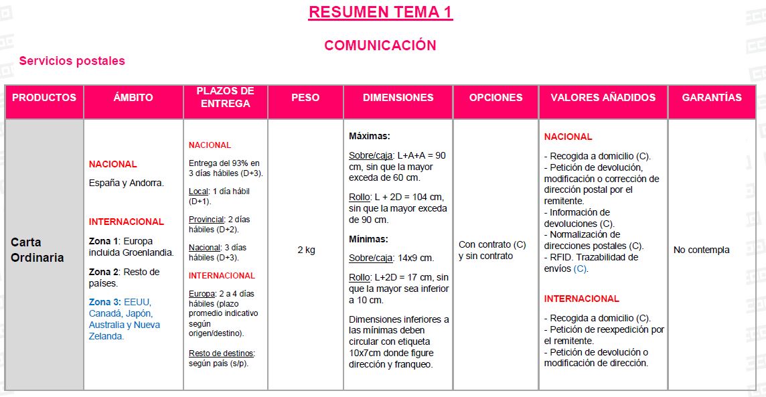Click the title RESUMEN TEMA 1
(380, 12)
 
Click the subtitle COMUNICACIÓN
(380, 46)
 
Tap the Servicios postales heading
(72, 61)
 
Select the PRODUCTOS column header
(44, 98)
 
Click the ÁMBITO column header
(133, 98)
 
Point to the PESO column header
(305, 98)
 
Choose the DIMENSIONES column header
(398, 98)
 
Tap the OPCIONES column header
(495, 98)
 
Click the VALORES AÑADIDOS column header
(603, 98)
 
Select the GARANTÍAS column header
(712, 98)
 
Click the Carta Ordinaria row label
(37, 250)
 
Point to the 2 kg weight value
(306, 250)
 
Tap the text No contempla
(701, 250)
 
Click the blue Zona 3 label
(104, 302)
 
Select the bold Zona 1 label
(103, 241)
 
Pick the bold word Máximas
(369, 136)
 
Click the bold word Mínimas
(368, 239)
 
